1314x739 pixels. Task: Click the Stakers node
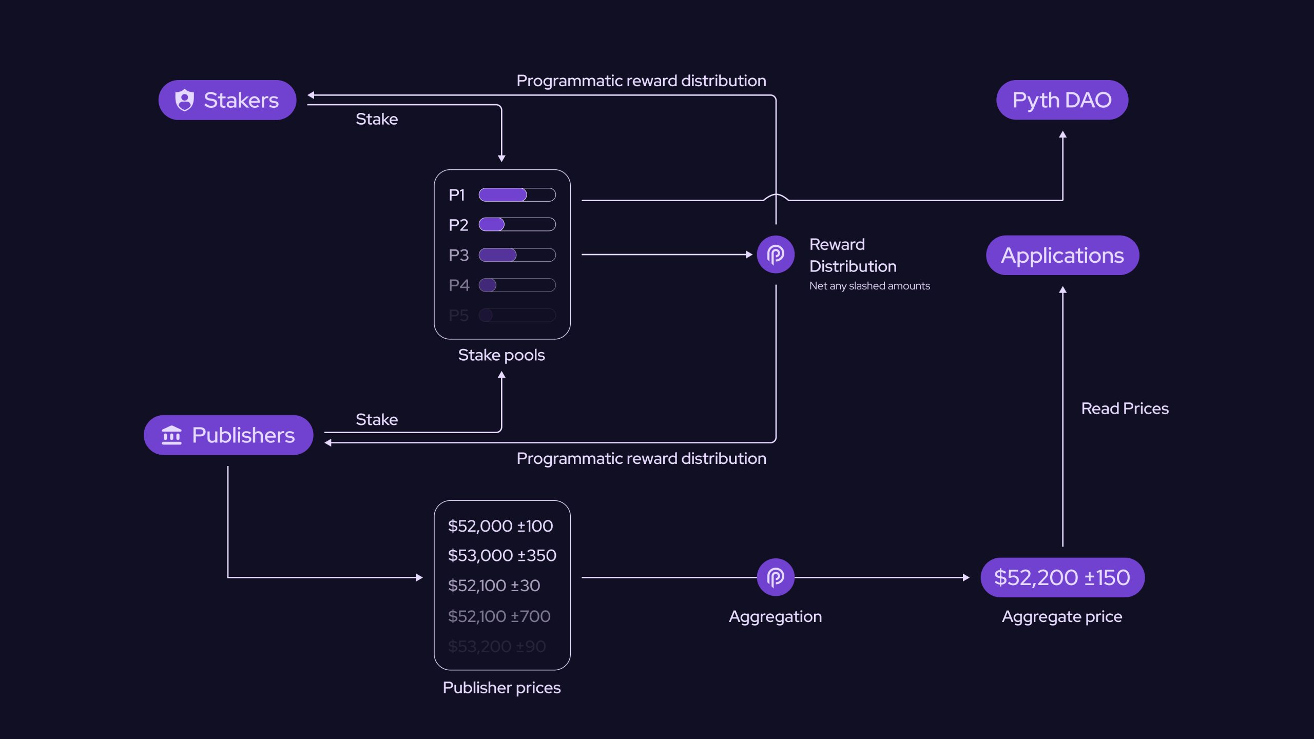point(227,100)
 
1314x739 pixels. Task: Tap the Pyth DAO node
point(1062,100)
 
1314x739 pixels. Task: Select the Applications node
point(1062,255)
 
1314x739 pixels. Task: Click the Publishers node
point(228,435)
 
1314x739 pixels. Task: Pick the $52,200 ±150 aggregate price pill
point(1062,577)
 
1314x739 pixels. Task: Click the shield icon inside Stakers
point(184,100)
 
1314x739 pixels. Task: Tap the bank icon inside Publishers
point(171,435)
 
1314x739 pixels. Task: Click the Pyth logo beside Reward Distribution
point(776,254)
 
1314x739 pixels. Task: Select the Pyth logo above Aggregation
point(776,577)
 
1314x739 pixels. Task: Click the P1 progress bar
point(517,195)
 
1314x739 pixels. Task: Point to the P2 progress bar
point(517,225)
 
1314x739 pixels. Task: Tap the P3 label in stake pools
point(458,255)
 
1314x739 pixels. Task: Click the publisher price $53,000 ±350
point(502,555)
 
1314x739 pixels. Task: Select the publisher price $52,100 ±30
point(494,586)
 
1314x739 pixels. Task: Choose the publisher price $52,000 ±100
point(500,526)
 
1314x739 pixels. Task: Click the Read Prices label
point(1125,409)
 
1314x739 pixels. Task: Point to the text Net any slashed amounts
point(869,286)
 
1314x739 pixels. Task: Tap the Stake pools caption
point(501,355)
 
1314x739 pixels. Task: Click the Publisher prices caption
point(501,688)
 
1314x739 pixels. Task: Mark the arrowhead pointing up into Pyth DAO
point(1062,134)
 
